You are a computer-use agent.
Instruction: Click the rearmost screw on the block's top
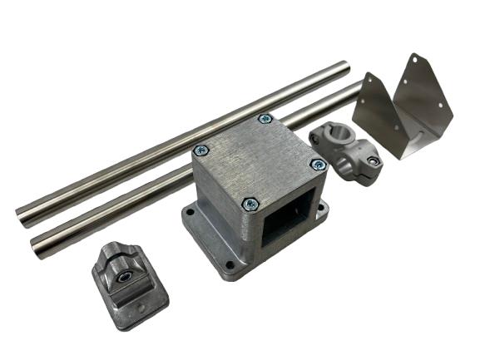[x=265, y=119]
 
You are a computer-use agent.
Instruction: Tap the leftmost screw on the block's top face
[x=200, y=150]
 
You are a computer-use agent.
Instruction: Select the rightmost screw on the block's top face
[x=317, y=165]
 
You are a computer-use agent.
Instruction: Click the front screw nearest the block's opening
[x=250, y=203]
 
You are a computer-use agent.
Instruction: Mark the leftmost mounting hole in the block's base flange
[x=191, y=213]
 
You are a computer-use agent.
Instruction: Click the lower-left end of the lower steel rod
[x=38, y=244]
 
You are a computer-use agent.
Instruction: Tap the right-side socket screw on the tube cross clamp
[x=372, y=160]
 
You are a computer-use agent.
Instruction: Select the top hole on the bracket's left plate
[x=369, y=86]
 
